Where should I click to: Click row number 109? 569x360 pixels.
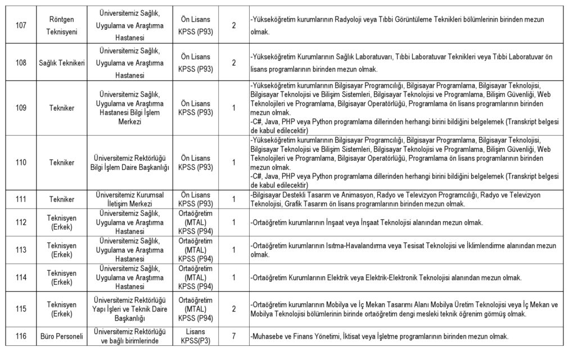(21, 107)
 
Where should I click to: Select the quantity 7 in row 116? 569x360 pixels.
(233, 336)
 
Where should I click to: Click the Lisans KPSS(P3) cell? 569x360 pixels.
(196, 336)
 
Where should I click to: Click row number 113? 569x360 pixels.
(21, 250)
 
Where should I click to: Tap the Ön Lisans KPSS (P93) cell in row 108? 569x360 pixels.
(196, 63)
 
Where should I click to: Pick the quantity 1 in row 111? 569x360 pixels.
(233, 199)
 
